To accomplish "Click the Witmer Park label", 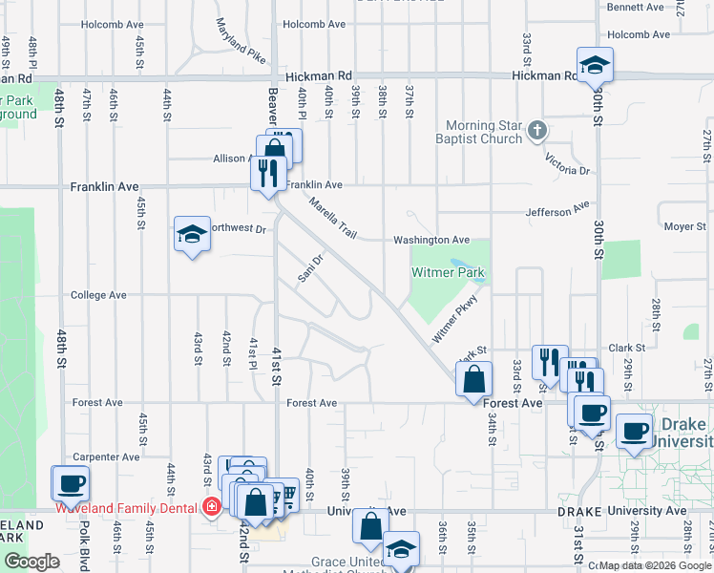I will pyautogui.click(x=448, y=273).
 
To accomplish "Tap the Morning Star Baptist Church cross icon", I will pyautogui.click(x=537, y=129).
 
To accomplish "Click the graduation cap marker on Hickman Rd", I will pyautogui.click(x=595, y=65).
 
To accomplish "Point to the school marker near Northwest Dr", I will pyautogui.click(x=191, y=234).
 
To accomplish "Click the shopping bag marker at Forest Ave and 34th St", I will pyautogui.click(x=473, y=380).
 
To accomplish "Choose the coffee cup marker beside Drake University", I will pyautogui.click(x=635, y=431).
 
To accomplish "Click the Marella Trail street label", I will pyautogui.click(x=331, y=218).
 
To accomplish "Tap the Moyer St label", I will pyautogui.click(x=684, y=227).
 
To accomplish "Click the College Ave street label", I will pyautogui.click(x=98, y=296).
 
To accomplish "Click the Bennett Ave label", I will pyautogui.click(x=636, y=7).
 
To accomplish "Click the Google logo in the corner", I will pyautogui.click(x=31, y=562).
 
